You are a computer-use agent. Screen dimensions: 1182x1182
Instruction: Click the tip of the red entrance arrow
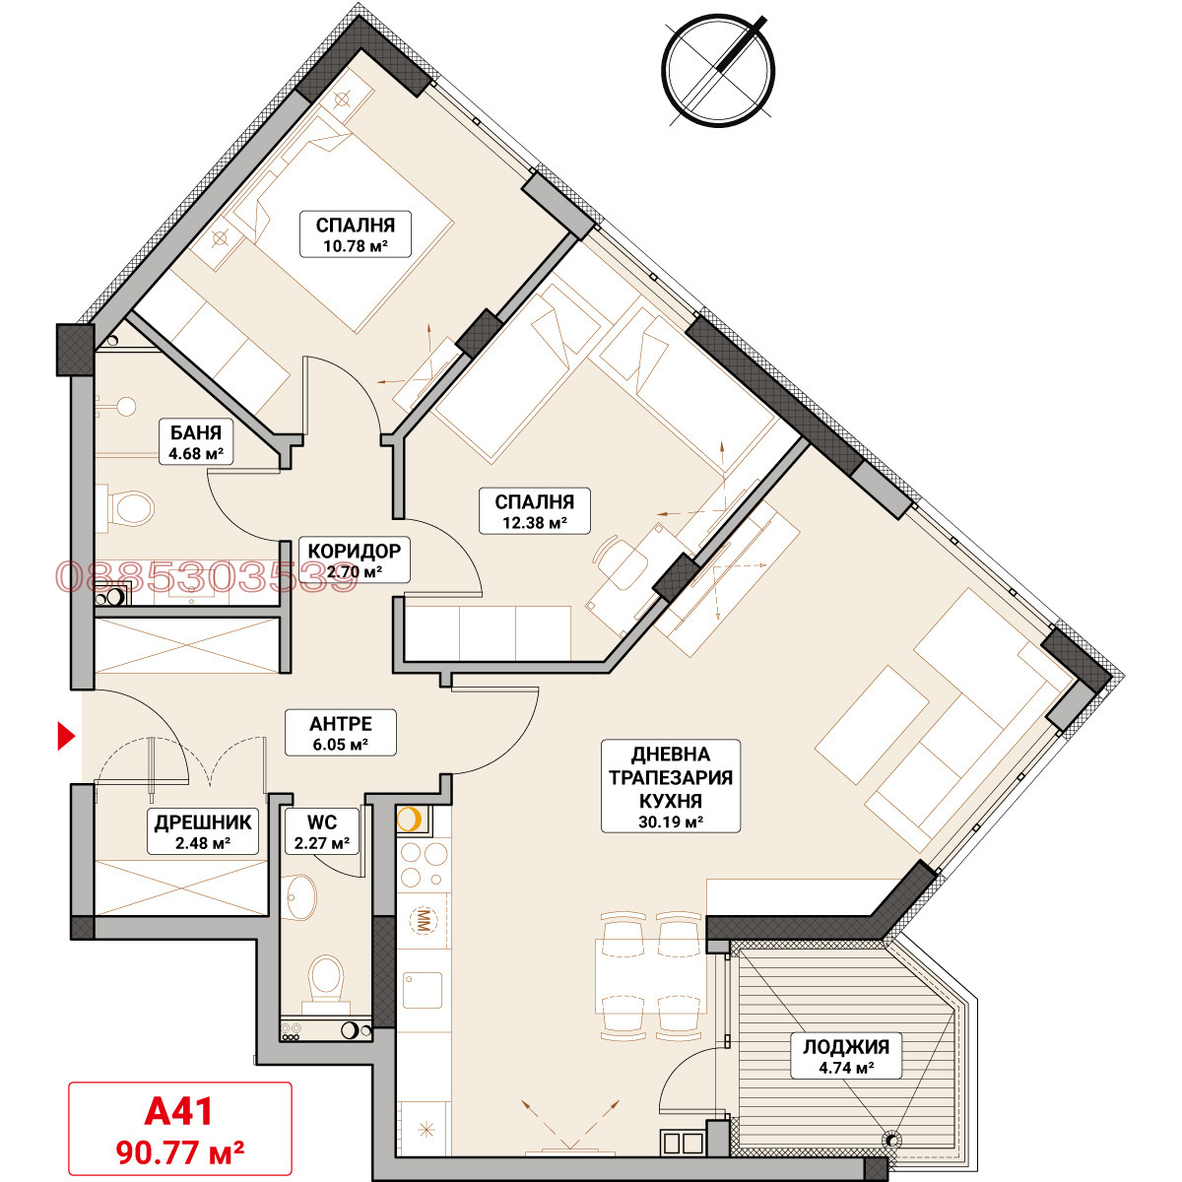(76, 736)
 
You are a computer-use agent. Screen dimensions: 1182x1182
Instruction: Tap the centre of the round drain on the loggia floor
(891, 1139)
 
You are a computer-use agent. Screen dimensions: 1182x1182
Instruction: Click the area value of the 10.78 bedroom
(356, 246)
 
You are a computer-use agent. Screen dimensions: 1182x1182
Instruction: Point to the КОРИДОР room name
(354, 551)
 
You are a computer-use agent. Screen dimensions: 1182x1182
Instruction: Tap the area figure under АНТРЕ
(340, 746)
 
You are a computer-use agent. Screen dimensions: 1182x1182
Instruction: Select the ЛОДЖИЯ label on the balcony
(846, 1047)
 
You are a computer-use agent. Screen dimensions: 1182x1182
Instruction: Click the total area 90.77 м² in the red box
(180, 1152)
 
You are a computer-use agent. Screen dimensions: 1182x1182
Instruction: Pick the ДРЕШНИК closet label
(203, 822)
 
